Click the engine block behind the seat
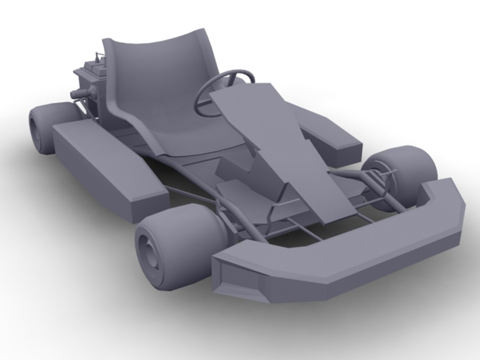point(88,83)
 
